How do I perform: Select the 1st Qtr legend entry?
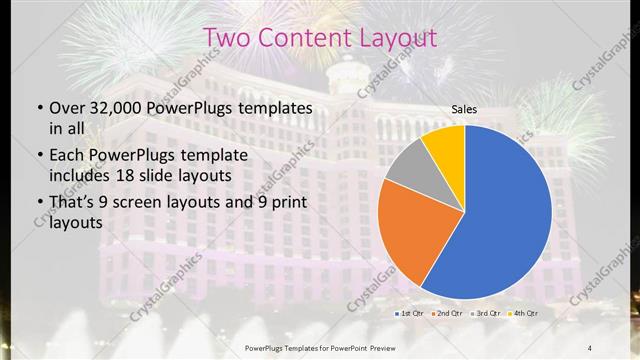(x=409, y=314)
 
